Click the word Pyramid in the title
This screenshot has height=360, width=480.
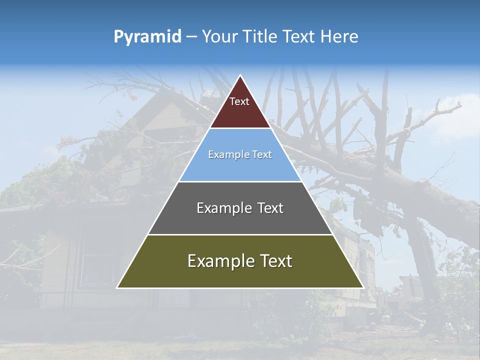coord(147,36)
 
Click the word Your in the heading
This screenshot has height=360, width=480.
coord(219,36)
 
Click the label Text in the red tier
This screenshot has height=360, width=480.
coord(239,101)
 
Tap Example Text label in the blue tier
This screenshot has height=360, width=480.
coord(240,154)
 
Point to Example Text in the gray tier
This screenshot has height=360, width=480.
coord(240,208)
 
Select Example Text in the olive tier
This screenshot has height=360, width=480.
coord(240,261)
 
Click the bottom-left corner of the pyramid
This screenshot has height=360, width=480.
coord(117,287)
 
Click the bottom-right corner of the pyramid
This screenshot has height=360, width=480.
coord(363,287)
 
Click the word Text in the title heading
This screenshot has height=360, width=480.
coord(300,36)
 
